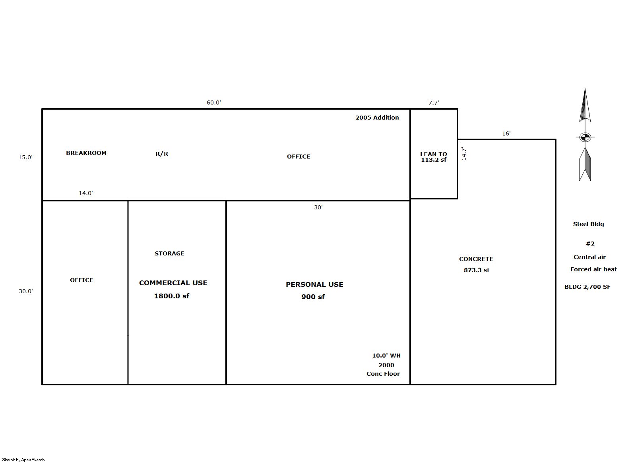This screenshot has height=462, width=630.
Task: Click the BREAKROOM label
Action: click(x=86, y=153)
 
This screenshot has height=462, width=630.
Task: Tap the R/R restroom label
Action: click(x=162, y=154)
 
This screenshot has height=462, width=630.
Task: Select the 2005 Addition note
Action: click(x=377, y=118)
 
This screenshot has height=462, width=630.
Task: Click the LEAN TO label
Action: click(x=433, y=154)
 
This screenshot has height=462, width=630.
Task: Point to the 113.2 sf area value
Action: click(x=433, y=160)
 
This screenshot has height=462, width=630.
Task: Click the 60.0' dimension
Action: click(x=214, y=102)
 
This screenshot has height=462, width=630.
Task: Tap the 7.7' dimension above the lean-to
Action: click(x=434, y=103)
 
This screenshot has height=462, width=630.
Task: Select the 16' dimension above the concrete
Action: click(x=506, y=133)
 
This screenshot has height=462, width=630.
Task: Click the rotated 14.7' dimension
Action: click(x=464, y=154)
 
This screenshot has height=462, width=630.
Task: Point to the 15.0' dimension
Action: click(x=25, y=157)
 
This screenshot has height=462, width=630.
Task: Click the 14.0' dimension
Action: click(x=86, y=193)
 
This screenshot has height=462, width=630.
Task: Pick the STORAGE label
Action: click(x=169, y=253)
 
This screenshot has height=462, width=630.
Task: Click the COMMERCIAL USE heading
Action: click(x=173, y=283)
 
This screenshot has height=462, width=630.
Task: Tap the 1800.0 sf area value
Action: click(x=172, y=296)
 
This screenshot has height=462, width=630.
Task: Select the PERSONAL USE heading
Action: click(x=314, y=284)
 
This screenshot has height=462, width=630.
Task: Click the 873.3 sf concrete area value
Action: click(x=477, y=270)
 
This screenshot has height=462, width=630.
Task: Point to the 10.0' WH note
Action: click(x=386, y=356)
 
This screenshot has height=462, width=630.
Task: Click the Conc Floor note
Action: click(x=383, y=374)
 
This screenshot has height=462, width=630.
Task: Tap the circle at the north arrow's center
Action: click(x=585, y=137)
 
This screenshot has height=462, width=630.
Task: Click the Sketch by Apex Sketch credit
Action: click(x=23, y=460)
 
